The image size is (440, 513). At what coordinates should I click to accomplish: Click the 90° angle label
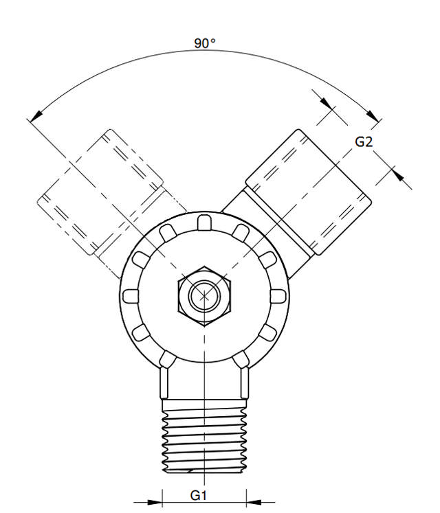click(x=204, y=43)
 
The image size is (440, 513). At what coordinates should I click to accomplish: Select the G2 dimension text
click(x=364, y=142)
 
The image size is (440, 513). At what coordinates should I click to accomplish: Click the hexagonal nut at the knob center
click(x=203, y=295)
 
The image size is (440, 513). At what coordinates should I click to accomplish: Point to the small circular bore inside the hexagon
click(x=203, y=296)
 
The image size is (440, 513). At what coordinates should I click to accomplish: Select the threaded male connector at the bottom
click(x=203, y=440)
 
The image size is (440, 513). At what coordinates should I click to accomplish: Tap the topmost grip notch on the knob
click(x=203, y=221)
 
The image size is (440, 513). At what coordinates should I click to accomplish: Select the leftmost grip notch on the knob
click(x=129, y=296)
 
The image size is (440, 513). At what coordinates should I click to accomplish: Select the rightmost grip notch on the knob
click(x=278, y=296)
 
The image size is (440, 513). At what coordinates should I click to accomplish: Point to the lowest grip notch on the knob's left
click(x=166, y=359)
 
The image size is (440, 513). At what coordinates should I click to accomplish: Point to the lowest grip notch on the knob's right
click(x=241, y=359)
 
